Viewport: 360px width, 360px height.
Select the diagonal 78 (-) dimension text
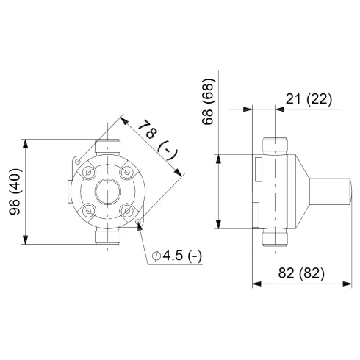(156, 140)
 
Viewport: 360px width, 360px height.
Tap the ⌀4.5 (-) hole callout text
(177, 256)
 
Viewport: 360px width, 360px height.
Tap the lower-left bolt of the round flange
(89, 211)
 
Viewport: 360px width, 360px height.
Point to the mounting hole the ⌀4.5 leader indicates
(139, 223)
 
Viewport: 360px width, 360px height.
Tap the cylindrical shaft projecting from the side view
(329, 192)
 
